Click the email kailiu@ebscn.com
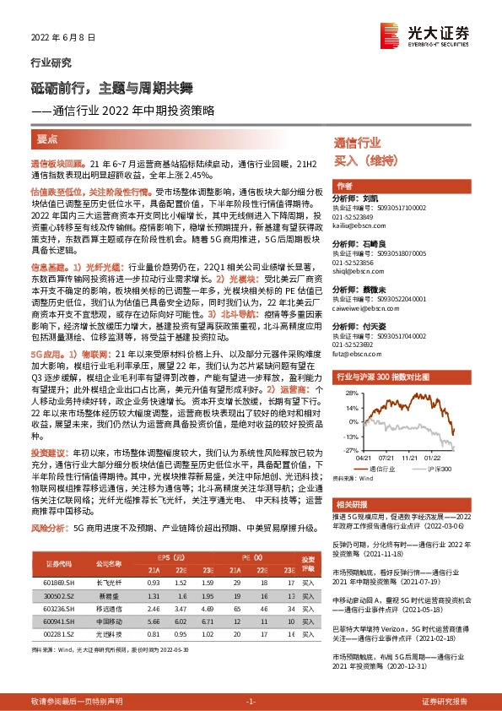coord(361,226)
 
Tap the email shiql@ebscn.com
coord(360,272)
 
